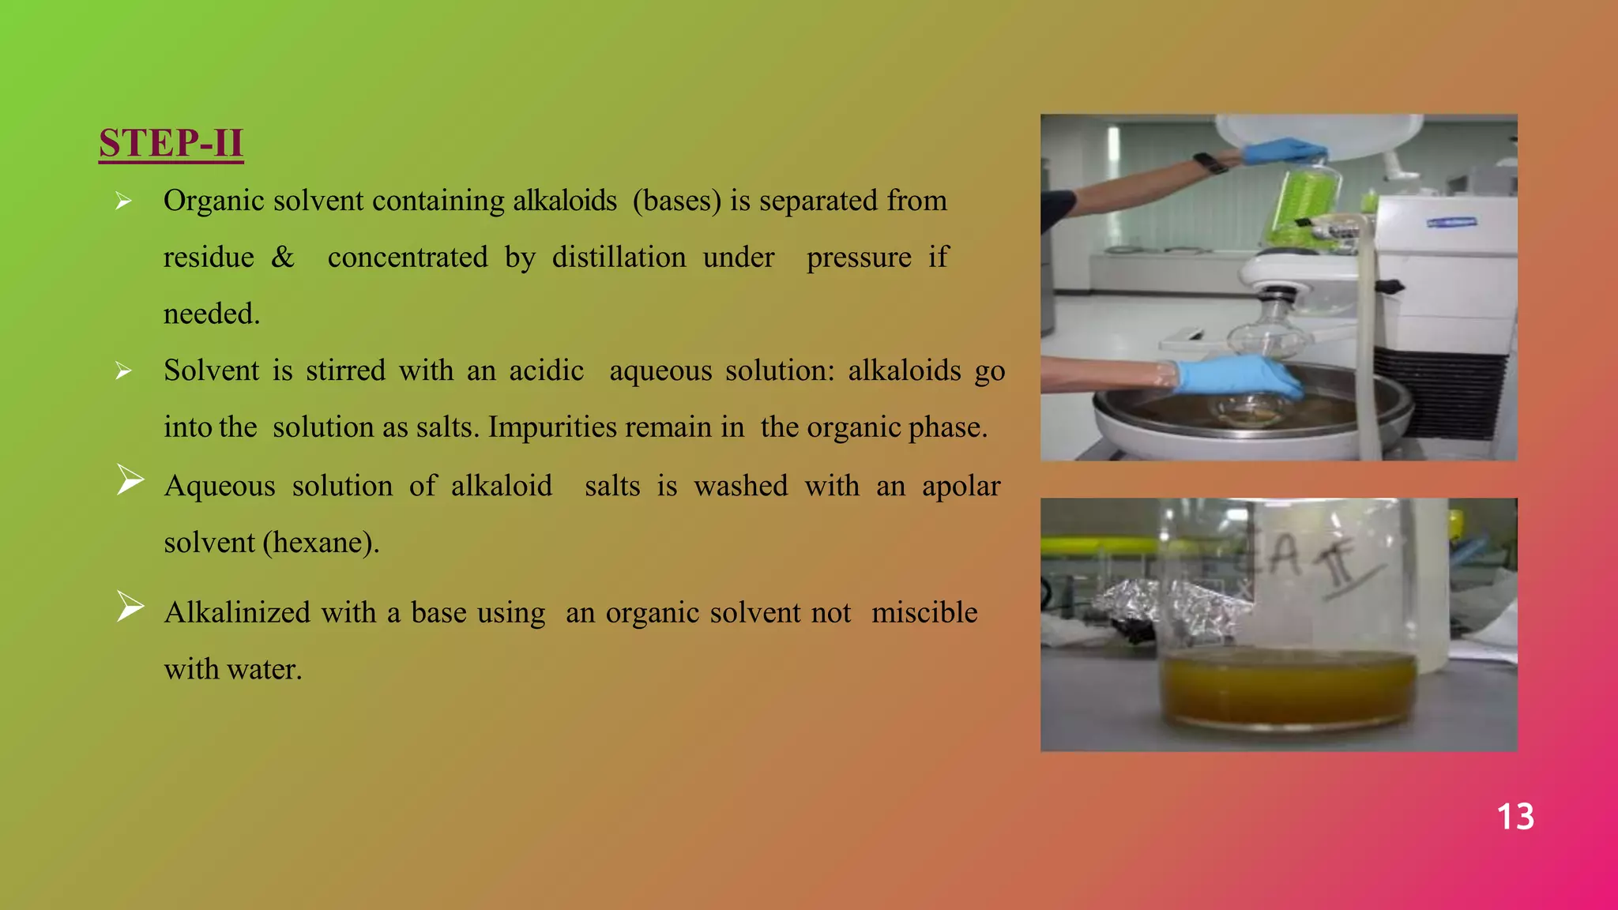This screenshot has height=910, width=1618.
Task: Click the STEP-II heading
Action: point(171,144)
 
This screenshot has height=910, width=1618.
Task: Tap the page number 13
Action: point(1515,817)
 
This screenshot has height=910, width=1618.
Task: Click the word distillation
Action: point(619,258)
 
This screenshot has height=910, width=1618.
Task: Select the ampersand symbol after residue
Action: point(282,258)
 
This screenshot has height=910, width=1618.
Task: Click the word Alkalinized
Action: point(236,613)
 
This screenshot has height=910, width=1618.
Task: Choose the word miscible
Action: point(924,613)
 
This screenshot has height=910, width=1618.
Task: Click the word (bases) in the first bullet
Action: point(676,201)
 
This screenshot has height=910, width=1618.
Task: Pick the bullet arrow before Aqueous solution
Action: point(130,479)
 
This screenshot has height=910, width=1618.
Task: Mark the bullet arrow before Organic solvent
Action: point(123,201)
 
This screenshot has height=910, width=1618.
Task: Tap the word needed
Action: point(211,314)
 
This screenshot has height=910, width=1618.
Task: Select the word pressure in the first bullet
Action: point(858,258)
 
